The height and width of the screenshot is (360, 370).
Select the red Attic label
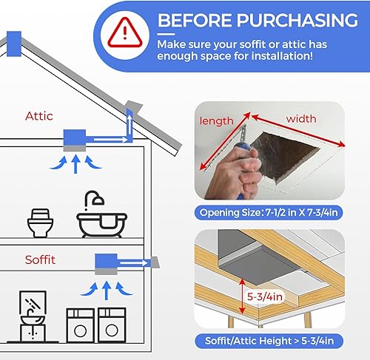(39, 116)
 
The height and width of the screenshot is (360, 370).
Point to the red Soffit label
(41, 260)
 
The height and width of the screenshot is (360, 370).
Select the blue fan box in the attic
(76, 137)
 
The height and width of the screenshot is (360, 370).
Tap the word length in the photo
(216, 120)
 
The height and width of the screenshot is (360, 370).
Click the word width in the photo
(301, 118)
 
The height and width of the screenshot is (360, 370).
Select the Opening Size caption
(271, 214)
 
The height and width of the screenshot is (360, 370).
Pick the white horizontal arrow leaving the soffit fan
(134, 260)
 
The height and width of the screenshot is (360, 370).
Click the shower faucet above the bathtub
(95, 199)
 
